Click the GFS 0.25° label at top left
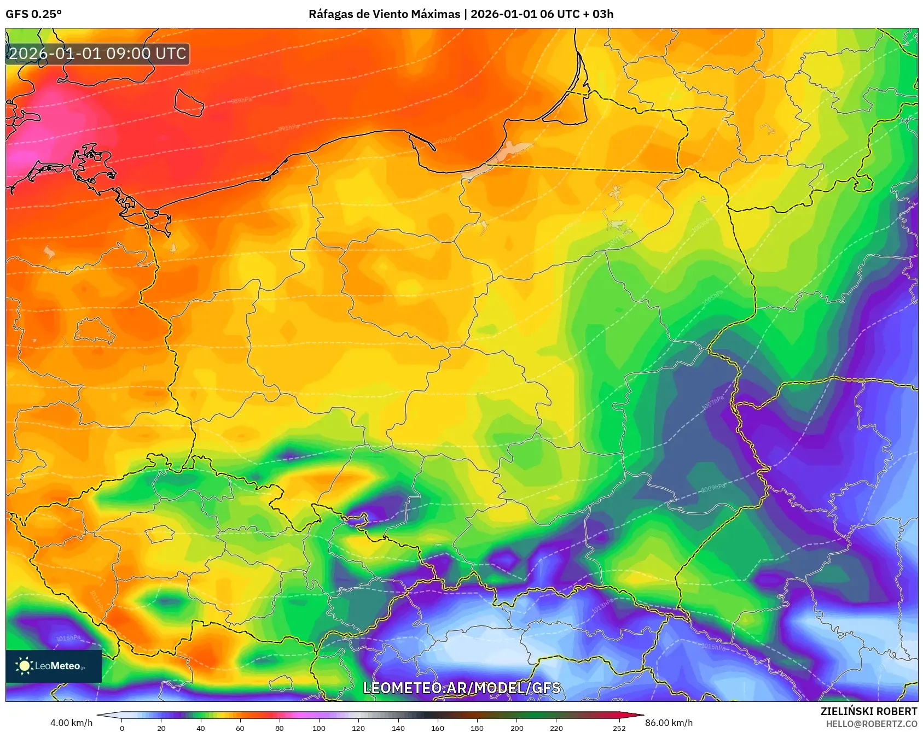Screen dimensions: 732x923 [33, 14]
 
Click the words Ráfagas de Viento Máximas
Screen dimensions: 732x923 [384, 14]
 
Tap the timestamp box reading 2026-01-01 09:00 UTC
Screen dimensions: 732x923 [97, 54]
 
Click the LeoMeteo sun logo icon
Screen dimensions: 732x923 [24, 665]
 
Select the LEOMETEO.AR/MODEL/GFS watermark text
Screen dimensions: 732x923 [462, 688]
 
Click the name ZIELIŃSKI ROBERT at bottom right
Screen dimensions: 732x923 [868, 711]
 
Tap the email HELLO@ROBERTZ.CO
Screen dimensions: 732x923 [871, 724]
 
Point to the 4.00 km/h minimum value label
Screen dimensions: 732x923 [71, 723]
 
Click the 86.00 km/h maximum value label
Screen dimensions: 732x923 [669, 723]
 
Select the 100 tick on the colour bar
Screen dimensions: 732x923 [319, 728]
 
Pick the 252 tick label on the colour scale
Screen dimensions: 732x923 [619, 728]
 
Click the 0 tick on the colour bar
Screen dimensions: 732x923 [122, 728]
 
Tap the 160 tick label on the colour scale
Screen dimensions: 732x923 [437, 728]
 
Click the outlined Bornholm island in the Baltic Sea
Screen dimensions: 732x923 [189, 102]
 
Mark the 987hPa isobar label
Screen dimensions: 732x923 [194, 72]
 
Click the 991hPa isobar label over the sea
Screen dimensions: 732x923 [289, 128]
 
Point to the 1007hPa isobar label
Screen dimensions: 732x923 [712, 403]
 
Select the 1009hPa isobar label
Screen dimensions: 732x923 [713, 487]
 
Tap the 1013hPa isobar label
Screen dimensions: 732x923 [602, 606]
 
